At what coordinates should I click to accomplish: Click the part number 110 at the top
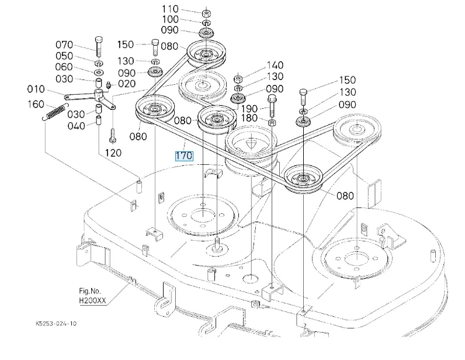(170, 9)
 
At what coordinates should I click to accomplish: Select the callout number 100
(170, 20)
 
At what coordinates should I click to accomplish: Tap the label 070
(64, 44)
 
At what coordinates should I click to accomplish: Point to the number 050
(64, 56)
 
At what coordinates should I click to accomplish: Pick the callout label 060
(64, 67)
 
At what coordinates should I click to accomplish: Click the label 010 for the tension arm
(36, 89)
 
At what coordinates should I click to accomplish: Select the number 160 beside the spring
(36, 105)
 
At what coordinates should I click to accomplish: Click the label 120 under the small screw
(113, 153)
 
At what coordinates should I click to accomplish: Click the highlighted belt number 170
(183, 156)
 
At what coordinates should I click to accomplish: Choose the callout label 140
(275, 65)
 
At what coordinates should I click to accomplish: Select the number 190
(249, 109)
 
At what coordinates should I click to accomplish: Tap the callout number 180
(249, 119)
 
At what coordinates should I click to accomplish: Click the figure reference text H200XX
(93, 302)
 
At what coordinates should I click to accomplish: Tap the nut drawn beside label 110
(206, 12)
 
